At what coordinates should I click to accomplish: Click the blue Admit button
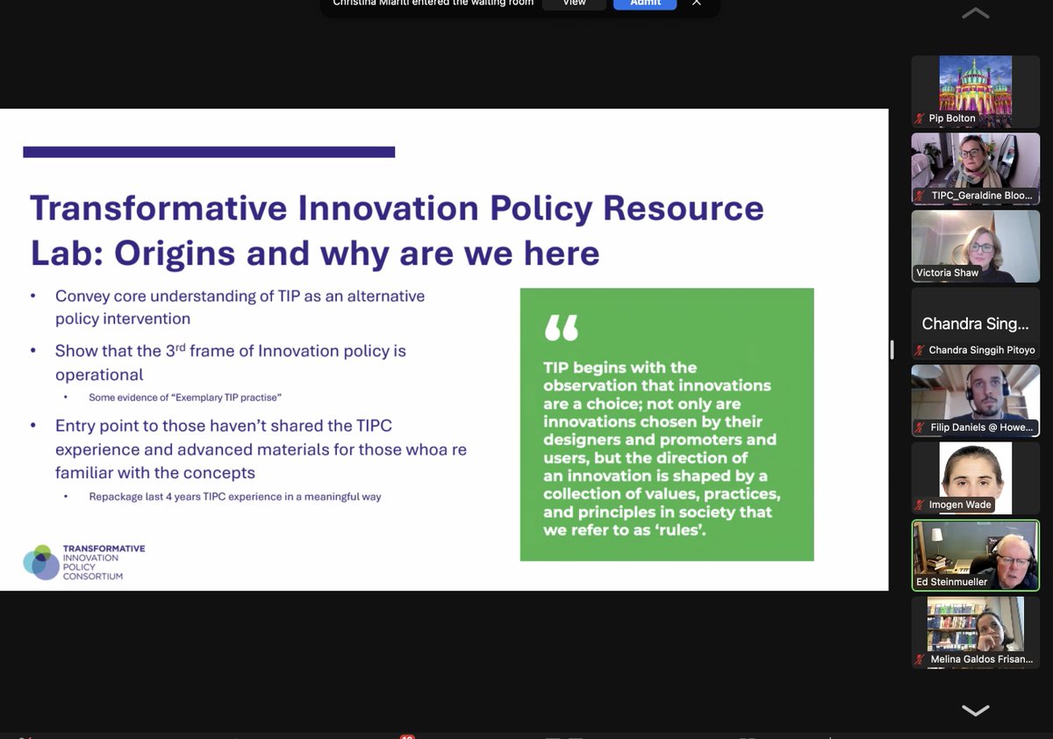coord(644,4)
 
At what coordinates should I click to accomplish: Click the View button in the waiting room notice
coord(574,4)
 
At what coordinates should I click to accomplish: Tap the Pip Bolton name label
coord(952,118)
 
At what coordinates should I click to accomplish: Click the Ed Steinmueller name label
coord(952,581)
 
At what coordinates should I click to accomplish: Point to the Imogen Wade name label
coord(960,505)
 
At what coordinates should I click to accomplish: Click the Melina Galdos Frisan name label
coord(981,658)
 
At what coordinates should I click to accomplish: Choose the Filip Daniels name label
coord(981,427)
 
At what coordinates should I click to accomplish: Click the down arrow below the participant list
coord(975,710)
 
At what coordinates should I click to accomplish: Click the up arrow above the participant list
coord(975,13)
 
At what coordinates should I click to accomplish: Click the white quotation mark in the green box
coord(562,328)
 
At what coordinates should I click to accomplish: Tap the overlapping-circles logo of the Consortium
coord(40,562)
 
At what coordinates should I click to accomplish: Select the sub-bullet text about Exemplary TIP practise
coord(184,398)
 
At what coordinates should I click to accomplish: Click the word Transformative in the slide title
coord(158,208)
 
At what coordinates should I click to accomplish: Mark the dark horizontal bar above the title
coord(209,152)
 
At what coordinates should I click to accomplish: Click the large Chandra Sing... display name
coord(975,324)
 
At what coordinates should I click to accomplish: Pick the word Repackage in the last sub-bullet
coord(118,496)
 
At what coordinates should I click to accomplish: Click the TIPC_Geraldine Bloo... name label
coord(981,195)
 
